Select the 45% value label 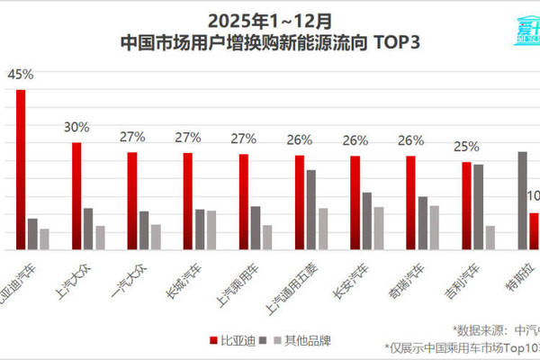click(x=16, y=75)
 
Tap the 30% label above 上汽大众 click(x=76, y=128)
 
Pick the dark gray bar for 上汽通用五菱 click(x=311, y=209)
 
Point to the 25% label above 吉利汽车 click(x=466, y=146)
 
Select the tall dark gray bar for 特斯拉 click(x=522, y=200)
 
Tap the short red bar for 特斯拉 click(x=534, y=230)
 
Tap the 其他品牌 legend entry click(x=301, y=340)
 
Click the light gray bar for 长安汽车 click(x=379, y=228)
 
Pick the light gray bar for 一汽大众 click(x=156, y=236)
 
